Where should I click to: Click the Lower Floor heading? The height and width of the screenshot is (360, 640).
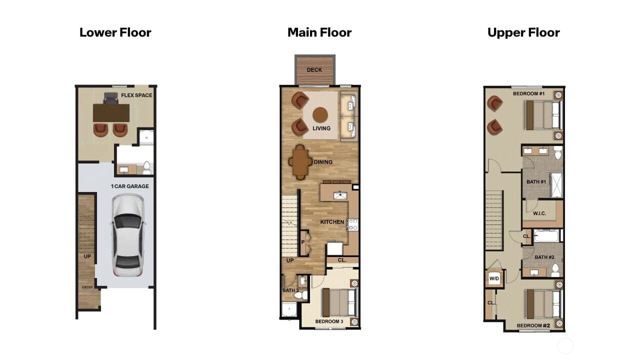click(x=115, y=32)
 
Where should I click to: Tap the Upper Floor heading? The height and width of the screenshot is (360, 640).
click(x=523, y=33)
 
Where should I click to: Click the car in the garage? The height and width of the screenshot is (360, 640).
click(x=127, y=235)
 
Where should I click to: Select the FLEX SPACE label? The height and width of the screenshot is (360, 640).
click(x=136, y=95)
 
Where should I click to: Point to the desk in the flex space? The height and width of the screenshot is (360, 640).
click(x=111, y=113)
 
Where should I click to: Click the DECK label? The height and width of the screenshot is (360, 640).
click(x=314, y=70)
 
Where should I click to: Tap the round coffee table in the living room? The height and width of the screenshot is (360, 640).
click(x=320, y=115)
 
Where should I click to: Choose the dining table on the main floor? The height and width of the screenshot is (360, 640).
click(x=300, y=162)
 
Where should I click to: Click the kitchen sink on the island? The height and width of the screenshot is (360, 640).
click(x=340, y=195)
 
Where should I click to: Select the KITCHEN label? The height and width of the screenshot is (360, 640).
click(x=332, y=222)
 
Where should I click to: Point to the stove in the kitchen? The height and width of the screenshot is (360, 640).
click(x=352, y=224)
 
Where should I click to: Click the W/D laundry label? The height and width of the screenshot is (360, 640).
click(x=494, y=278)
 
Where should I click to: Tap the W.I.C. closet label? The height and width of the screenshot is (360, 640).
click(x=539, y=213)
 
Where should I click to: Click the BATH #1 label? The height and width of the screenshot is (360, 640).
click(x=536, y=181)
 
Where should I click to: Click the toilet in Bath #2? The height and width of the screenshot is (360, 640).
click(x=555, y=270)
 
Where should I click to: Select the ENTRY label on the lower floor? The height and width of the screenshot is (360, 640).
click(x=87, y=287)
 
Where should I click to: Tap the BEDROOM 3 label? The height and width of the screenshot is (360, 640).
click(x=329, y=321)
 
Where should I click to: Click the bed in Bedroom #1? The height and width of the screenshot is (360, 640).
click(x=543, y=115)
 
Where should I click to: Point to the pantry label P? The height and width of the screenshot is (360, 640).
click(x=303, y=242)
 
